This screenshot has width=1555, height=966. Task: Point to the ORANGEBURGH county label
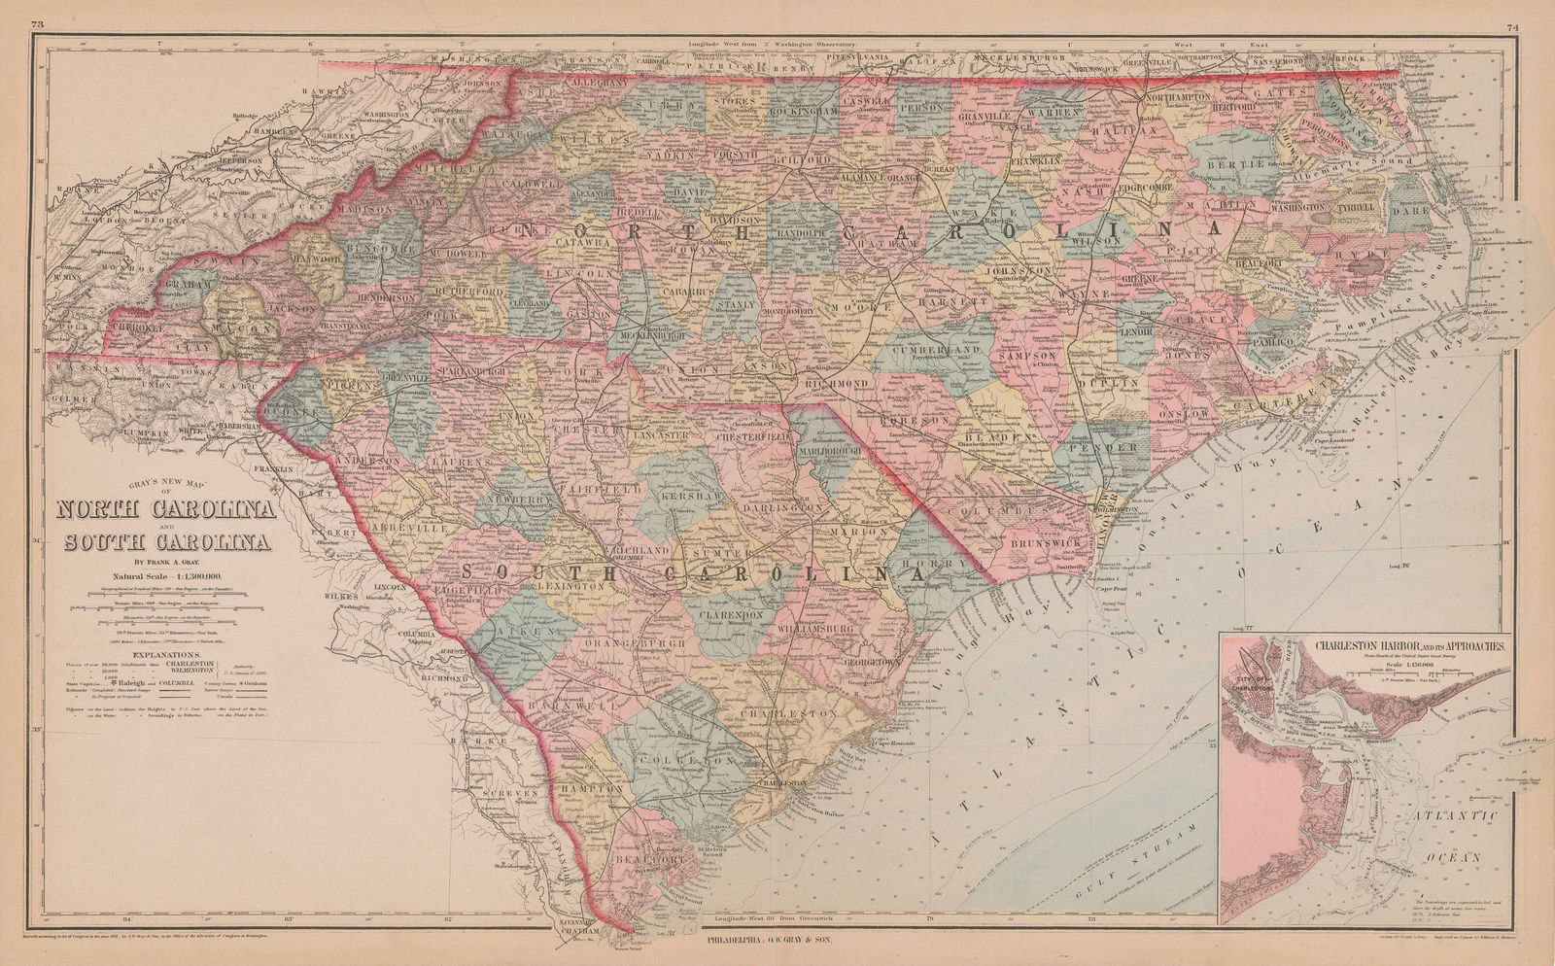(x=643, y=643)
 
